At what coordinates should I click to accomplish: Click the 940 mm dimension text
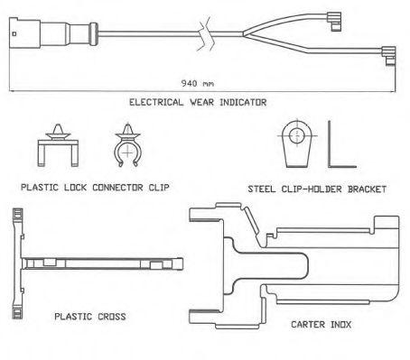[198, 83]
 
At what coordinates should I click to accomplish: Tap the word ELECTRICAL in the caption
[156, 102]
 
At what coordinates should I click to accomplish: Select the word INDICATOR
[243, 102]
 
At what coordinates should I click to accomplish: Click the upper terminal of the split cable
[333, 21]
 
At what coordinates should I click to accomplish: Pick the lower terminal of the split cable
[389, 56]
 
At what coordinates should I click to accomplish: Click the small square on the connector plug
[14, 34]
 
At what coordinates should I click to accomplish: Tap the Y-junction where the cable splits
[245, 34]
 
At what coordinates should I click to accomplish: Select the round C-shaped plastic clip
[127, 145]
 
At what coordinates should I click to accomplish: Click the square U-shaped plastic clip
[58, 145]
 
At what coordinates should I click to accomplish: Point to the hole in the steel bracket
[297, 134]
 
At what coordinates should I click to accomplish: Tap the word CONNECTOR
[117, 188]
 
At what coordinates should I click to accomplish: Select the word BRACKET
[367, 189]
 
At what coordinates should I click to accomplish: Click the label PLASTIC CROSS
[90, 317]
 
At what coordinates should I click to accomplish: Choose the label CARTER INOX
[321, 325]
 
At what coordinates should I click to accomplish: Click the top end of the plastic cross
[17, 208]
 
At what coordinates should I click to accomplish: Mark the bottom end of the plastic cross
[17, 318]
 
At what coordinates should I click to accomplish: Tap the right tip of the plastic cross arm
[182, 264]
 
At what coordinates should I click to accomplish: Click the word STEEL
[261, 189]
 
